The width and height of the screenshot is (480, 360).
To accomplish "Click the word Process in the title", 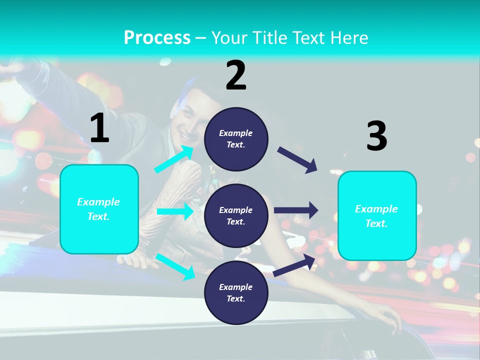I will [157, 38].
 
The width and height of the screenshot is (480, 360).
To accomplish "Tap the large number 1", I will [99, 128].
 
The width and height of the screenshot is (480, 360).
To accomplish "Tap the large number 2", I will [236, 75].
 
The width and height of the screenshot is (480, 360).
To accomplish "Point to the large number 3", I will [376, 136].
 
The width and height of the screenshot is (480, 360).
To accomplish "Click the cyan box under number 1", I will [99, 209].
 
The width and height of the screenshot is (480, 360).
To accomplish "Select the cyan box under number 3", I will [377, 216].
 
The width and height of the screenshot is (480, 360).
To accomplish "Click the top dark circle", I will [236, 139].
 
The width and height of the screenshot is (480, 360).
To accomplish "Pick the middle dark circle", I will [236, 215].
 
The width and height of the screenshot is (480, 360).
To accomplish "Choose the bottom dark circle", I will [236, 292].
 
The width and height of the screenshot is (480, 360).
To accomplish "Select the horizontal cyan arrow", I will [175, 211].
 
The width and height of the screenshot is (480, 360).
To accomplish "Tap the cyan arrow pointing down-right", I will [175, 266].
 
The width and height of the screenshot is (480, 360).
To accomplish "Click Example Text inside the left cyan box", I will [99, 209].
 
